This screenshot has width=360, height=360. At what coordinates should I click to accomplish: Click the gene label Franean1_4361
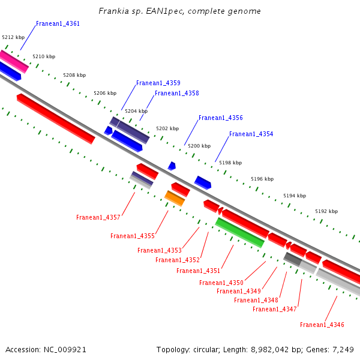click(58, 24)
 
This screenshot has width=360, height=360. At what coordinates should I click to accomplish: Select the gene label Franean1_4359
click(158, 83)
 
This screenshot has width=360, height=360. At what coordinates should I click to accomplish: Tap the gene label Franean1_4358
click(176, 94)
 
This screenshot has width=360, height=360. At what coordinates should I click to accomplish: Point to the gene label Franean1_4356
click(220, 118)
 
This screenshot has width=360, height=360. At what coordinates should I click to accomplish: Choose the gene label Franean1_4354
click(251, 134)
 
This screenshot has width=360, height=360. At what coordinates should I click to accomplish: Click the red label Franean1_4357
click(98, 217)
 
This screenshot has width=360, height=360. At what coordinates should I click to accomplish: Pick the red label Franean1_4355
click(132, 236)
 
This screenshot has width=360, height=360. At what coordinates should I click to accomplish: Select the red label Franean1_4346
click(322, 325)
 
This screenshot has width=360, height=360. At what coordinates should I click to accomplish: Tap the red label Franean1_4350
click(221, 283)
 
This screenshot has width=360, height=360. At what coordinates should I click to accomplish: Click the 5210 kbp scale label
click(44, 57)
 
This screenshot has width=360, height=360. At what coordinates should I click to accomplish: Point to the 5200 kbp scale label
click(199, 146)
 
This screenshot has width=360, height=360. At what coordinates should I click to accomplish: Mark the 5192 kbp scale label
click(326, 212)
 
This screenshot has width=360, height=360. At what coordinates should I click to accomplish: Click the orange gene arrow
click(175, 198)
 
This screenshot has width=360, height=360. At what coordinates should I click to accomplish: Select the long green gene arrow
click(239, 233)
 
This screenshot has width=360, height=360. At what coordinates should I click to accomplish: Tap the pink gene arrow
click(14, 61)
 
